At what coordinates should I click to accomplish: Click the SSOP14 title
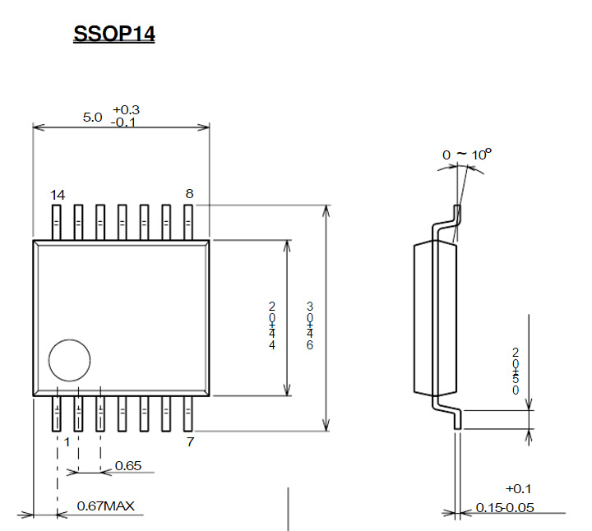click(x=114, y=35)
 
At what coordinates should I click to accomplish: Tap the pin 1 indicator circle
click(x=69, y=361)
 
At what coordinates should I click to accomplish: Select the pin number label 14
click(x=57, y=195)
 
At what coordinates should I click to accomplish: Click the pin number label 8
click(x=189, y=194)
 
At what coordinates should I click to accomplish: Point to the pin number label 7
click(x=190, y=442)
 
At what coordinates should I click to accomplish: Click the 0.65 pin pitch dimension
click(x=128, y=466)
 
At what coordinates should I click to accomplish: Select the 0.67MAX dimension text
click(x=105, y=506)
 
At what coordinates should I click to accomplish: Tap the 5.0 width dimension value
click(x=92, y=117)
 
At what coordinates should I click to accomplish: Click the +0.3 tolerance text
click(x=127, y=110)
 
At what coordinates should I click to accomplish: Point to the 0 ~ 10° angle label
click(x=466, y=154)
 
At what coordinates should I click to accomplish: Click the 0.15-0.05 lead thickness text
click(x=505, y=507)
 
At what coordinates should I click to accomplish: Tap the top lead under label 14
click(x=57, y=222)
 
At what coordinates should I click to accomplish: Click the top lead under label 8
click(x=187, y=222)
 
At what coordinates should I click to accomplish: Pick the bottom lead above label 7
click(x=187, y=414)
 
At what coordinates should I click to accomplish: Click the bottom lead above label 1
click(x=57, y=414)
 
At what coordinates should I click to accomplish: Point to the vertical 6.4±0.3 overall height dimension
click(x=310, y=326)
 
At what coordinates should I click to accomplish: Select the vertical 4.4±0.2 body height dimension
click(x=271, y=326)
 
